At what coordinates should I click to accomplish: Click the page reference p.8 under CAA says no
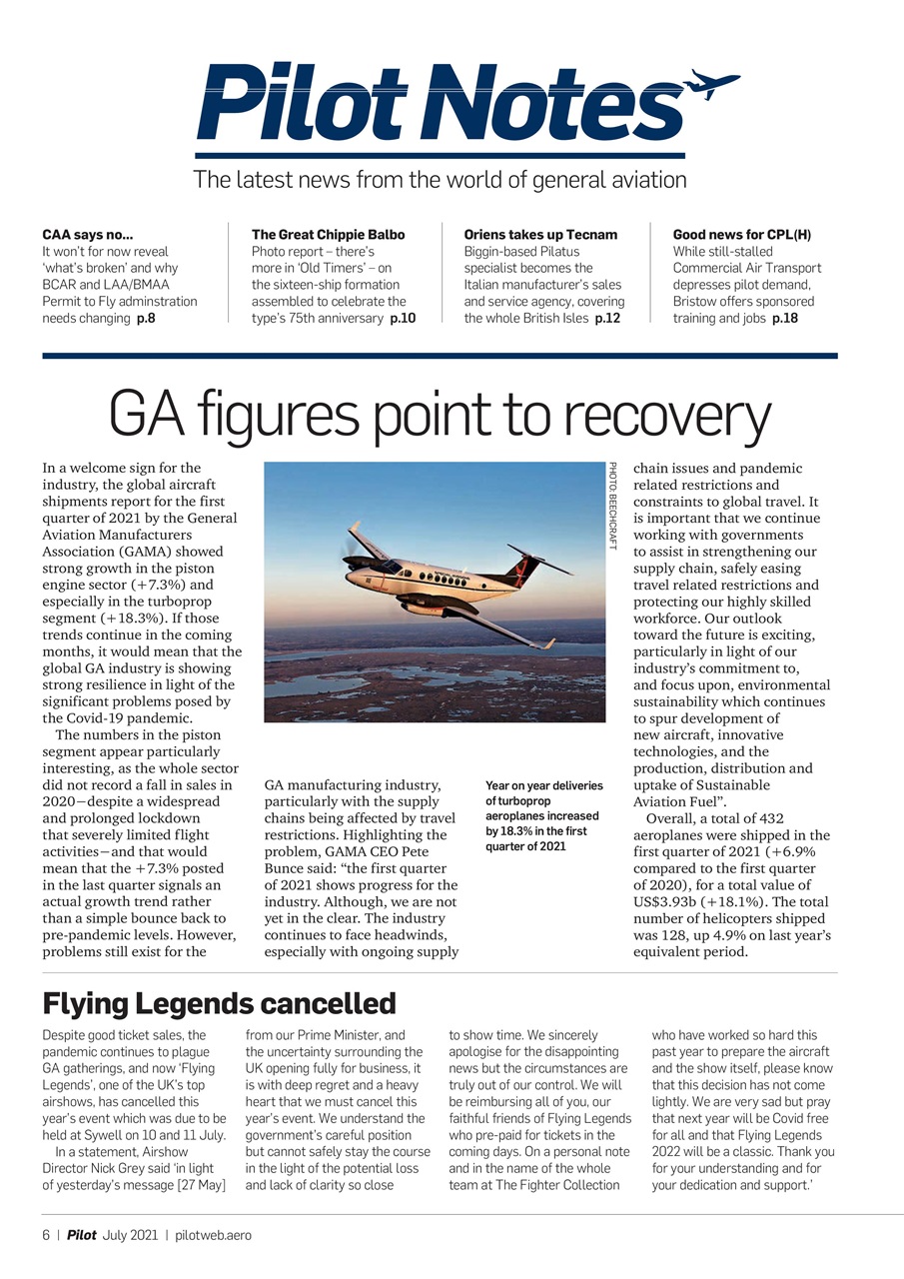(x=146, y=318)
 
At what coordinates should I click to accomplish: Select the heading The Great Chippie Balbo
(x=328, y=235)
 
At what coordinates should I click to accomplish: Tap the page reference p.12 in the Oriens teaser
(x=607, y=318)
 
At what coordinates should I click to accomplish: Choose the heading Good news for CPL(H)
(x=741, y=235)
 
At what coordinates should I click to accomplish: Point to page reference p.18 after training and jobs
(x=784, y=318)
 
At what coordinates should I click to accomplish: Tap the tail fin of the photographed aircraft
(x=522, y=569)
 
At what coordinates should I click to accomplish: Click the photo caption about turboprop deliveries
(x=543, y=815)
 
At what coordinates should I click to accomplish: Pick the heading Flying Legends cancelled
(x=219, y=1002)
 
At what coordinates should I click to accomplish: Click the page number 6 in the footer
(x=46, y=1235)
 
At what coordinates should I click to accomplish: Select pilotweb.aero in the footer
(x=213, y=1235)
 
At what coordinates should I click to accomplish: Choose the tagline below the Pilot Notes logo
(x=440, y=180)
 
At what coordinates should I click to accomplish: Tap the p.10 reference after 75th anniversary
(x=402, y=318)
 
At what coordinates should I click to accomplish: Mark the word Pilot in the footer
(x=82, y=1235)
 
